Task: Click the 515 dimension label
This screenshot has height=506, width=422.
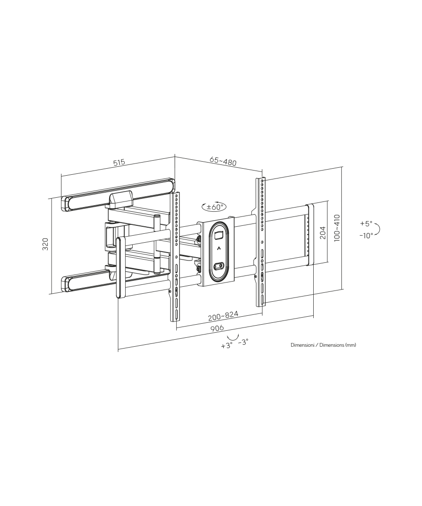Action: pos(119,162)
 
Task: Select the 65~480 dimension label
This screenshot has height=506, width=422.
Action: pos(223,161)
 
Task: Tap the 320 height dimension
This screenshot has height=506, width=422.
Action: pos(45,244)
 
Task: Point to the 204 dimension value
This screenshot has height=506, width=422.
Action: pos(323,232)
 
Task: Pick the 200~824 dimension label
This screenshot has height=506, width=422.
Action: pos(223,316)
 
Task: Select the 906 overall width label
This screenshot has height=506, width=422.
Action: pos(217,328)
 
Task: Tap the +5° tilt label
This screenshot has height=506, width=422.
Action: pos(366,223)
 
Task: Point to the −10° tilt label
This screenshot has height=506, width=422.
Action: pos(366,236)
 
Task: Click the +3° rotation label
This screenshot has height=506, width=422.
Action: pos(227,346)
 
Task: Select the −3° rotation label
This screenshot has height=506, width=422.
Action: pos(243,342)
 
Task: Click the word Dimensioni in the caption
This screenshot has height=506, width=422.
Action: pos(302,345)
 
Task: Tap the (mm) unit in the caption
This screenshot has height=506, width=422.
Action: pos(351,345)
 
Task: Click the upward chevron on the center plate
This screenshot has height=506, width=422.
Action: pos(219,248)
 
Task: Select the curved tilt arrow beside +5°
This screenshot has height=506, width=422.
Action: pos(378,230)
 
